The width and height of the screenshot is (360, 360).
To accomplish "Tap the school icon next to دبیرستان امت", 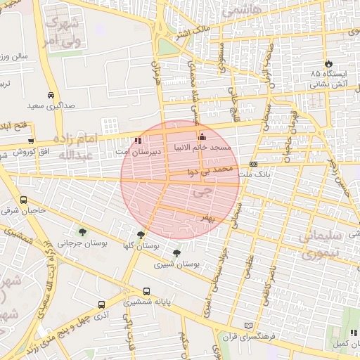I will click(138, 140).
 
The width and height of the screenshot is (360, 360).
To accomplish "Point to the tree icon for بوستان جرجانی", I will click(83, 232).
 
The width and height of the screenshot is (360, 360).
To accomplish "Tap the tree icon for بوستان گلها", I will click(141, 235).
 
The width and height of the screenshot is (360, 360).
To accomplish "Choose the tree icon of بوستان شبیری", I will click(176, 253).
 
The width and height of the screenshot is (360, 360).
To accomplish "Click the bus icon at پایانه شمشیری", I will click(146, 290).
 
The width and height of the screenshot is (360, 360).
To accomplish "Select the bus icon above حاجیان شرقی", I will click(24, 199).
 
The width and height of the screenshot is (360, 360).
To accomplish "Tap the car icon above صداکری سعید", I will click(51, 95).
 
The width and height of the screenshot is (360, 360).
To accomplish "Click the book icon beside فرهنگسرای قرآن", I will click(247, 325).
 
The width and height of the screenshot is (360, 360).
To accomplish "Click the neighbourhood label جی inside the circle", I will click(205, 189).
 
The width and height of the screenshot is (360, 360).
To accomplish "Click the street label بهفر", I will click(205, 218).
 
